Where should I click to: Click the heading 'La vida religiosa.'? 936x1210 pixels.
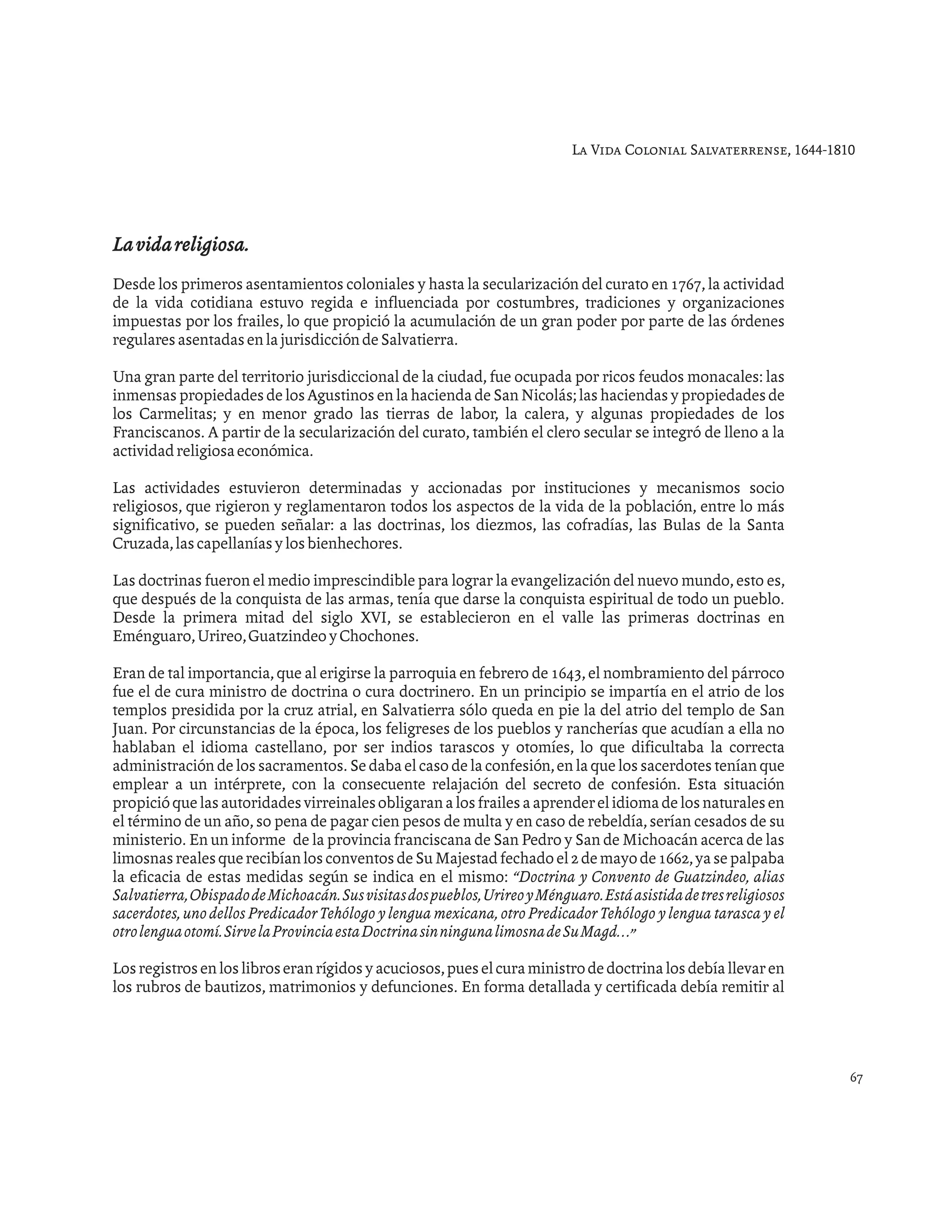180,245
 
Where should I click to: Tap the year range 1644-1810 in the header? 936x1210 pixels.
824,150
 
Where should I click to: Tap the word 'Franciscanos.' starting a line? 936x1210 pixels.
158,433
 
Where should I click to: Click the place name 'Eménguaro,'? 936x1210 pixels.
153,637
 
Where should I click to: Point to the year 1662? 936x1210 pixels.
675,859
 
